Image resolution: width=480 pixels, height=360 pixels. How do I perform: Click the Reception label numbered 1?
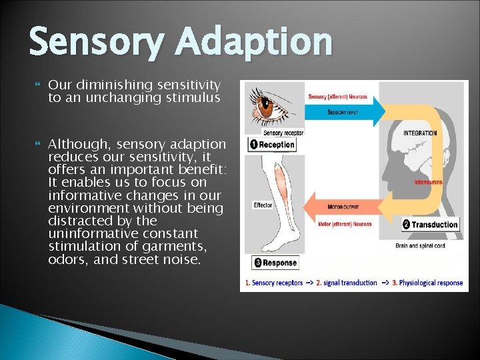[x=272, y=145]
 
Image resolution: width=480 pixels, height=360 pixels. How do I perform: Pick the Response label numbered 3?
[x=275, y=263]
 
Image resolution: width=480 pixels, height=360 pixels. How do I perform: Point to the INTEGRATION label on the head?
[x=420, y=133]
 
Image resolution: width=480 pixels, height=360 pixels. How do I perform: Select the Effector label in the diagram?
[x=262, y=205]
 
